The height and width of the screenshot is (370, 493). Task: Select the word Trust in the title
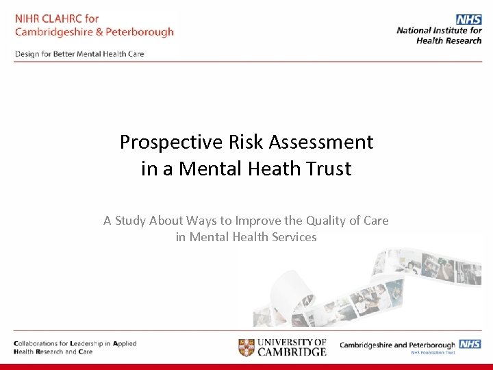pos(327,169)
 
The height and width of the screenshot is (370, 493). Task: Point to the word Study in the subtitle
pos(131,221)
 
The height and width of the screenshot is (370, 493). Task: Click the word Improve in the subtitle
pos(257,221)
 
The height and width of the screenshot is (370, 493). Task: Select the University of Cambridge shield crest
pos(246,347)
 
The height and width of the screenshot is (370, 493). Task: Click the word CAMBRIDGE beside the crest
pos(292,352)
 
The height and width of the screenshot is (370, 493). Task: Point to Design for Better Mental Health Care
pos(79,54)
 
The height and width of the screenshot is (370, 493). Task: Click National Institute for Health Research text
pos(440,35)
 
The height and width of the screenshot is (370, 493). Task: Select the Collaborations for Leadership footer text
pos(75,344)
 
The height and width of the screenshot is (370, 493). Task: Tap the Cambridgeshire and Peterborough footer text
pos(397,345)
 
